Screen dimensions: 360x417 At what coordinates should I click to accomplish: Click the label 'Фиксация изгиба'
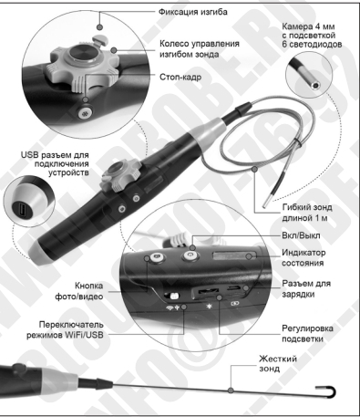192,12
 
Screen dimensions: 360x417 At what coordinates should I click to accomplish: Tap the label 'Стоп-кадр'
180,77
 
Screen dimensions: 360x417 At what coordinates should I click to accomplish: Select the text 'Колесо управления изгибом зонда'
200,49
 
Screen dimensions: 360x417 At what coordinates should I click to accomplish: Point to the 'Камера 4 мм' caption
308,26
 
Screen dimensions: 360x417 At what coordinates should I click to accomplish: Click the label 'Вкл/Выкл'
301,235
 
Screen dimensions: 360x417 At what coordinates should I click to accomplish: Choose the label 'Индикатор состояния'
303,257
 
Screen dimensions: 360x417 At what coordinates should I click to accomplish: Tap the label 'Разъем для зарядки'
306,288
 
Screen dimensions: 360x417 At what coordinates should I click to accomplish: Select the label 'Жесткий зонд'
278,363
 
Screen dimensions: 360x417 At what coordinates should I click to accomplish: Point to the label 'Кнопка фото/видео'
78,291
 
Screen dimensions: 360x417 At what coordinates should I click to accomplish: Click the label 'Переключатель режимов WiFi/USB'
65,329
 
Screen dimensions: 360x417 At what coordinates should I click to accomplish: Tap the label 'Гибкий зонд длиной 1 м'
307,213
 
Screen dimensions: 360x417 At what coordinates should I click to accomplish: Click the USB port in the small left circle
22,210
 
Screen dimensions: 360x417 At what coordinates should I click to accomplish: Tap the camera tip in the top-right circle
315,85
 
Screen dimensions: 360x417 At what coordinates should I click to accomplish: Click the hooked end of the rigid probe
328,391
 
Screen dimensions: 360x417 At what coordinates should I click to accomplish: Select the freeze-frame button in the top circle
86,113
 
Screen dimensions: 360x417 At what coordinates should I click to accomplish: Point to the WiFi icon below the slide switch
170,308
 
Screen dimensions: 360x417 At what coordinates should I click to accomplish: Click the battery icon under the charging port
234,304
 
